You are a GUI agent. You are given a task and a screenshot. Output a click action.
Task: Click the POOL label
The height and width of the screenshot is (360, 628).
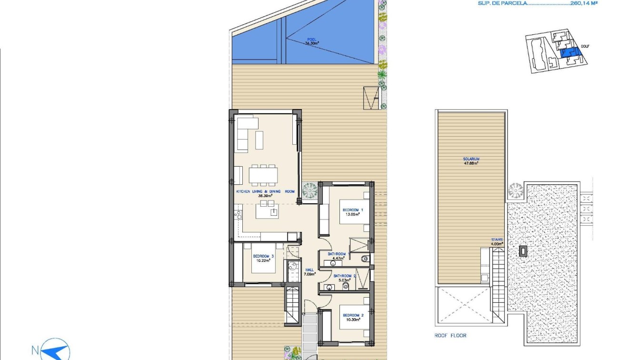point(311,40)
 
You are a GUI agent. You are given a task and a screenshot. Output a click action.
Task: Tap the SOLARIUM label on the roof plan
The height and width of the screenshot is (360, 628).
point(470,159)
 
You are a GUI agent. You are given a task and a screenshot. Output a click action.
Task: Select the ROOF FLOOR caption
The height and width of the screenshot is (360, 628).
point(450,336)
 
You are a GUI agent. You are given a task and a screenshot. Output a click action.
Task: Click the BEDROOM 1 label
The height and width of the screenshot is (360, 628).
point(352,210)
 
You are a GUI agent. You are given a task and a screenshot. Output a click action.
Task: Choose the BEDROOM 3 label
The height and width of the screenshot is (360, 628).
point(264,256)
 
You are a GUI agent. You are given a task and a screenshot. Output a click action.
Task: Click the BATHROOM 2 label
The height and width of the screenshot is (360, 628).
point(345,276)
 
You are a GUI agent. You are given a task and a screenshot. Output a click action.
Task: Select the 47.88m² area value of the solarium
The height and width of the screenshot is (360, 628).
point(470,163)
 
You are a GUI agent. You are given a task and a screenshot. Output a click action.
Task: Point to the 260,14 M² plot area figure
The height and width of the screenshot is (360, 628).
point(584,3)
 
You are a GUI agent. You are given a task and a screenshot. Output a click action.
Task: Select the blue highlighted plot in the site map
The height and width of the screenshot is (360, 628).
point(567,52)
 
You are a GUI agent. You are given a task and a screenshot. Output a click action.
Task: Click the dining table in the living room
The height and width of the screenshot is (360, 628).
point(262,175)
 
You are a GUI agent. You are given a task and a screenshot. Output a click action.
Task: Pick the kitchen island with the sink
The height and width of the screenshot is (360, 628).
point(267,210)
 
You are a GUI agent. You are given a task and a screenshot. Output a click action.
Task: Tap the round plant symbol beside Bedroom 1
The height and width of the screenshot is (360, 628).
point(309,191)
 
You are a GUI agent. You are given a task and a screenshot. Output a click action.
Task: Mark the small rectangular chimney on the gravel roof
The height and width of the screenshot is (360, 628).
point(523,251)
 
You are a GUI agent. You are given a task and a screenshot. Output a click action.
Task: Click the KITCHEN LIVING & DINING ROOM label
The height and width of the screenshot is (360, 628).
point(265,191)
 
